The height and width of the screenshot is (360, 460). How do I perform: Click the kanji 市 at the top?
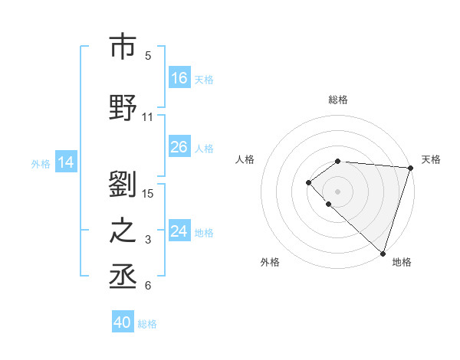tap(123, 47)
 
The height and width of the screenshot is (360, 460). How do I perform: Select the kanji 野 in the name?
tap(123, 108)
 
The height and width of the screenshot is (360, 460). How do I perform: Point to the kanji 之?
tap(123, 231)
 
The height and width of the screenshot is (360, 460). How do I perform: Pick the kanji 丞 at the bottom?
tap(123, 277)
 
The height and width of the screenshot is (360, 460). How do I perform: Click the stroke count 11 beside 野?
tap(148, 117)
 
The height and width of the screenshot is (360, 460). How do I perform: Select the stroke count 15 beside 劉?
tap(148, 193)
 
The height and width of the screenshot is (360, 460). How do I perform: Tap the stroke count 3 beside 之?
tap(148, 240)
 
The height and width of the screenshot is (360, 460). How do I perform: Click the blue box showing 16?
tap(179, 78)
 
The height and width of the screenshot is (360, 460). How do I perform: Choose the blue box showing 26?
tap(179, 147)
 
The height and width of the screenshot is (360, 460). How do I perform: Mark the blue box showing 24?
tap(179, 231)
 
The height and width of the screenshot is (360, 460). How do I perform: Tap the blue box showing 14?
tap(66, 162)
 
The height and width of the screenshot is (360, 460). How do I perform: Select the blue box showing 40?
tap(123, 323)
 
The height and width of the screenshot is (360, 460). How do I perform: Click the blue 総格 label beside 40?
tap(147, 324)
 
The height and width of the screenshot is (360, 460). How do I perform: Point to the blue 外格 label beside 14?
tap(41, 163)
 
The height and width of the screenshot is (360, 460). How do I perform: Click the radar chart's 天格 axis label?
tap(431, 159)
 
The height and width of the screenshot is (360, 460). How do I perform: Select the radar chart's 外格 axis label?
tap(270, 262)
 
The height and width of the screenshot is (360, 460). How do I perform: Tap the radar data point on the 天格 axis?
tap(411, 168)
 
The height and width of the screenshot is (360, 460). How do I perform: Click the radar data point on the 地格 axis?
tap(383, 254)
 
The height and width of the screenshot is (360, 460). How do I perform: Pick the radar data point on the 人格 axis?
tap(308, 182)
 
